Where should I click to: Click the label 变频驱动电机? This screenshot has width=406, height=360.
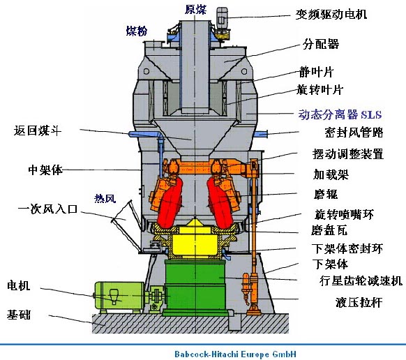331,14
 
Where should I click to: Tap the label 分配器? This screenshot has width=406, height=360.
321,44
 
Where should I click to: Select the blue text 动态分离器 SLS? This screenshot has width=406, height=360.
340,114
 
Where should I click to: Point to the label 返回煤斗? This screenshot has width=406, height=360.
38,130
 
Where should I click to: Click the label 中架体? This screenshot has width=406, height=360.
45,170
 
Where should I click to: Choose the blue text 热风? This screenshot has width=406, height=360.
105,198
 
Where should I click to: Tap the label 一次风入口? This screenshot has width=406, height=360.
48,209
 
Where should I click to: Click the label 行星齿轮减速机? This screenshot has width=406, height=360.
361,280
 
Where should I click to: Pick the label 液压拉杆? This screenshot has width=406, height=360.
359,302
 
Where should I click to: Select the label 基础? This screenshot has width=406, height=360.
19,315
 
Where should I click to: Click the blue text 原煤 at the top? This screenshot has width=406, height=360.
195,10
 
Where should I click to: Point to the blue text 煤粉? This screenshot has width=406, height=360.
137,31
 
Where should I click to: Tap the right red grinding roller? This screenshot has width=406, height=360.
220,203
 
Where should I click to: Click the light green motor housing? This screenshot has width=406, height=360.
119,296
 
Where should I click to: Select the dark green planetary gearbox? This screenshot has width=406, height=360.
196,287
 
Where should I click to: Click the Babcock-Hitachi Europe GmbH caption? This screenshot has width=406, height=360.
235,354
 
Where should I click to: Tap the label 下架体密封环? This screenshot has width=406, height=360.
347,248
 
